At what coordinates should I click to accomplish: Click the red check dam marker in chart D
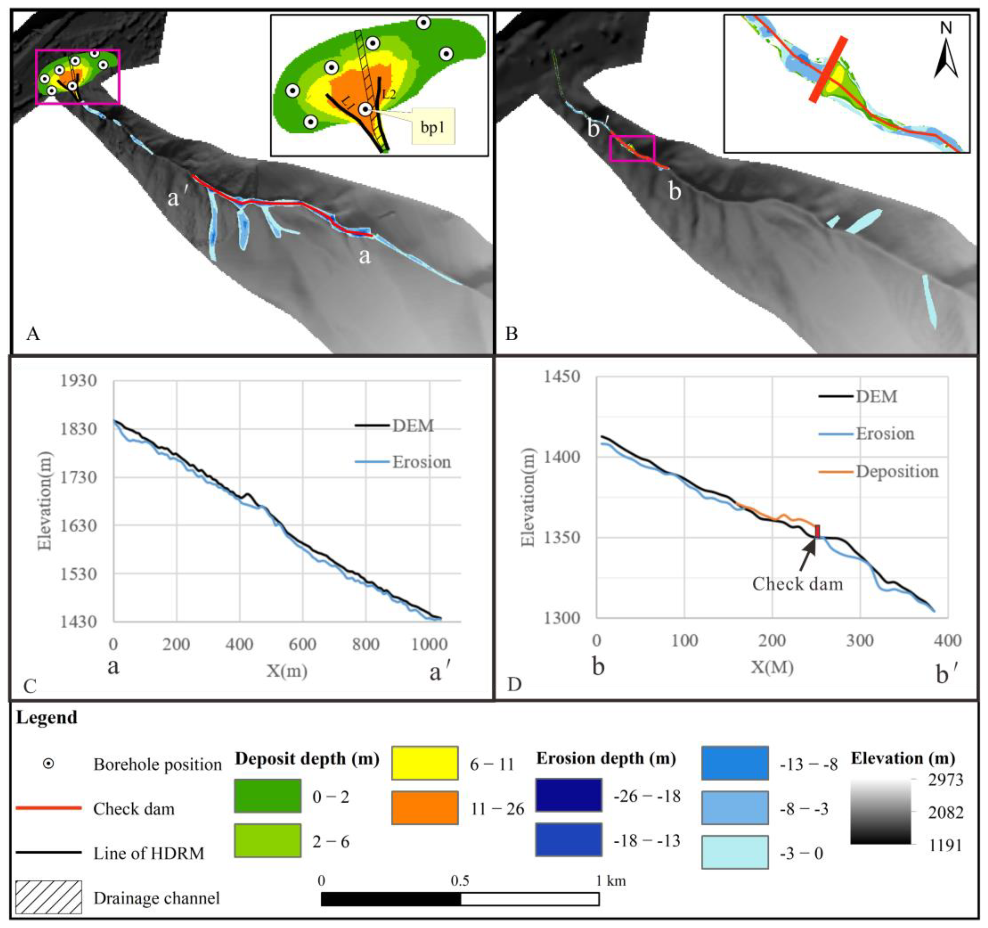pos(817,531)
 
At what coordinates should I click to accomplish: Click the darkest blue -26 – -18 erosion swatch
pos(569,795)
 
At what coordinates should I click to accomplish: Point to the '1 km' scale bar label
pos(611,881)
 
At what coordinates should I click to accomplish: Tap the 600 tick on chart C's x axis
pos(303,644)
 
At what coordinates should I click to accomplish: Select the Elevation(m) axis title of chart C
pos(45,501)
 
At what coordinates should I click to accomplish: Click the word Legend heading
pos(47,718)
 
